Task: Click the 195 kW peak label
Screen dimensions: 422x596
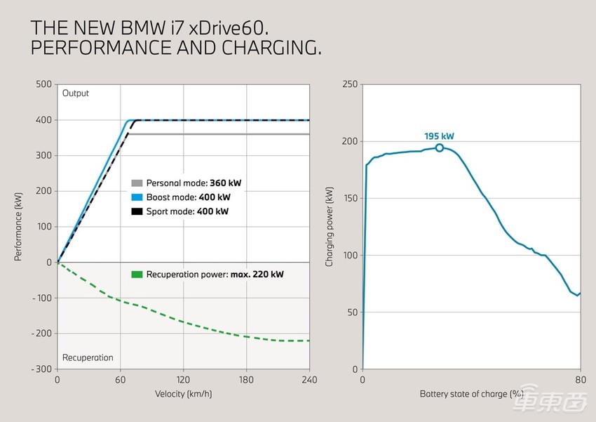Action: (439, 136)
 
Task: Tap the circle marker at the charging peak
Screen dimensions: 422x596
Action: (440, 147)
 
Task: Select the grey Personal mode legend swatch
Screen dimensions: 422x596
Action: (137, 183)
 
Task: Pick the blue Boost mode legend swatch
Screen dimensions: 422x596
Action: (137, 197)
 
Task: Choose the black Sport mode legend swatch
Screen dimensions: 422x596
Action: (137, 211)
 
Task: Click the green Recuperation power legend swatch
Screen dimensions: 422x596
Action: (137, 274)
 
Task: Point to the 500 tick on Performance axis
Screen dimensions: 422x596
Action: (43, 84)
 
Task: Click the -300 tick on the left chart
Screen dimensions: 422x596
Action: (41, 369)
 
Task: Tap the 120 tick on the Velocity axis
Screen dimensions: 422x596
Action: (184, 380)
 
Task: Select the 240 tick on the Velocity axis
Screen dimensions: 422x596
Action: (309, 380)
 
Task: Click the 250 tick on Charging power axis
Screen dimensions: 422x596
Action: (348, 84)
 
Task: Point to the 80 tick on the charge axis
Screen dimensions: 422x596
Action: (581, 380)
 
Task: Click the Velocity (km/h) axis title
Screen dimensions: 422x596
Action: (184, 394)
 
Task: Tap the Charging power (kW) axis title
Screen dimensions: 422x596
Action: (330, 226)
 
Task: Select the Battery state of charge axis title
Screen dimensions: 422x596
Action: (472, 394)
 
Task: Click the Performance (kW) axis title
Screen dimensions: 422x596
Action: (19, 226)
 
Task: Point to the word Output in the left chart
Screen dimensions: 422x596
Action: (76, 93)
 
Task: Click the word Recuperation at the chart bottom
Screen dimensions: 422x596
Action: (88, 357)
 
